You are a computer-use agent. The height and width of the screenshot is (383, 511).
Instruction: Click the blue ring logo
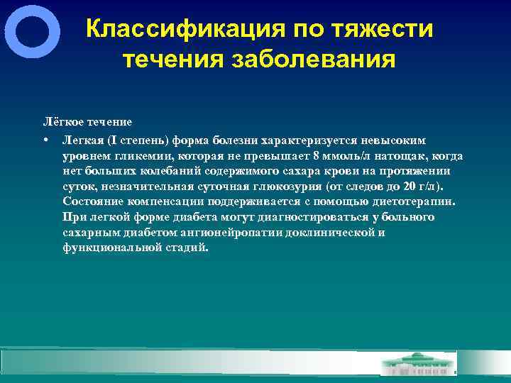(32, 31)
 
